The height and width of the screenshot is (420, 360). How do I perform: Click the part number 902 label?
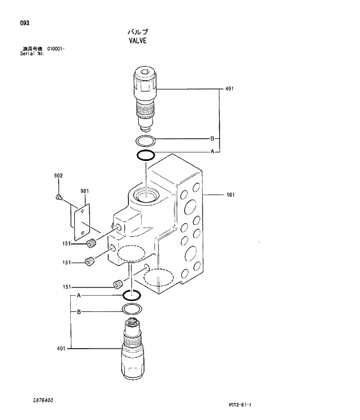(58, 176)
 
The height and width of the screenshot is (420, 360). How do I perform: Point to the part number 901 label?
(84, 191)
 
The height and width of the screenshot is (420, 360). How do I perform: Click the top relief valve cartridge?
(145, 99)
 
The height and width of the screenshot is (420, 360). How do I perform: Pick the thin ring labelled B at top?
(145, 141)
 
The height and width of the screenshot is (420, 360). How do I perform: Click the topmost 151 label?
(67, 243)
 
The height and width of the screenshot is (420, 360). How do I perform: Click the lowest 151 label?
(67, 288)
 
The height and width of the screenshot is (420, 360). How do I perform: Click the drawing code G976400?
(44, 401)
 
